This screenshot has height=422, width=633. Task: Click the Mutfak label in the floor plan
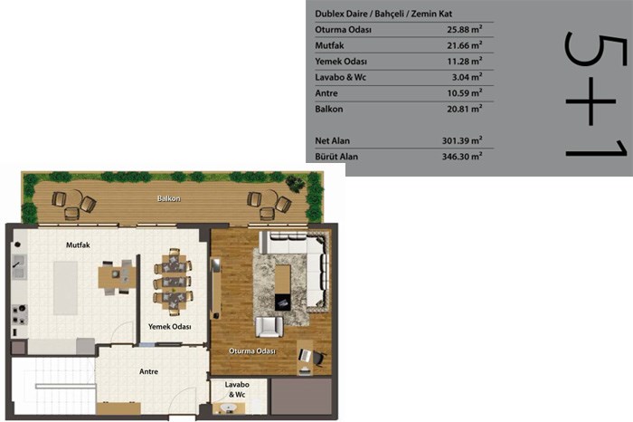tap(78, 245)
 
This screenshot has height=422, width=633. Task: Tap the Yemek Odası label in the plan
tap(170, 327)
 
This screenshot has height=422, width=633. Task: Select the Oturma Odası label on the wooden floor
tap(252, 350)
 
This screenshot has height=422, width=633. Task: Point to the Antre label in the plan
tap(148, 371)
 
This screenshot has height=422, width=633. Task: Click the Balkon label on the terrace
tap(169, 198)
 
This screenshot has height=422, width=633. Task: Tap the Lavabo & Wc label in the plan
tap(237, 389)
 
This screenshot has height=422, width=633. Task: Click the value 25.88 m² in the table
tap(464, 29)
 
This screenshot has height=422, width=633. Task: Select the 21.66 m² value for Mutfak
tap(464, 45)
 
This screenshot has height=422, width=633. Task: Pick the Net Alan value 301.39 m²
tap(462, 140)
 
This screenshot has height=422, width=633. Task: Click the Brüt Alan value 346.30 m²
tap(462, 156)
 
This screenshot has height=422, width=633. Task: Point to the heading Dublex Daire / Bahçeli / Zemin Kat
tap(383, 14)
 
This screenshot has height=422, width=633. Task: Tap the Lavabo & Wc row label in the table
tap(340, 77)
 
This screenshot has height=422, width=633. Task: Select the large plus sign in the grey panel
tap(590, 101)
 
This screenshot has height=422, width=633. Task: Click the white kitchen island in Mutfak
tap(66, 288)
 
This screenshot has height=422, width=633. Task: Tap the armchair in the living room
tap(269, 327)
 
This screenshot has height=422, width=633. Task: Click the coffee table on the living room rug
tap(282, 287)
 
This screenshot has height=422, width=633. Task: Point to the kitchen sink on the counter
tap(19, 267)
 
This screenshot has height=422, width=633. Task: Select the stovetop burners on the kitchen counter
tap(19, 314)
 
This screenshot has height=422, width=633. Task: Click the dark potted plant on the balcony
tap(295, 183)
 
